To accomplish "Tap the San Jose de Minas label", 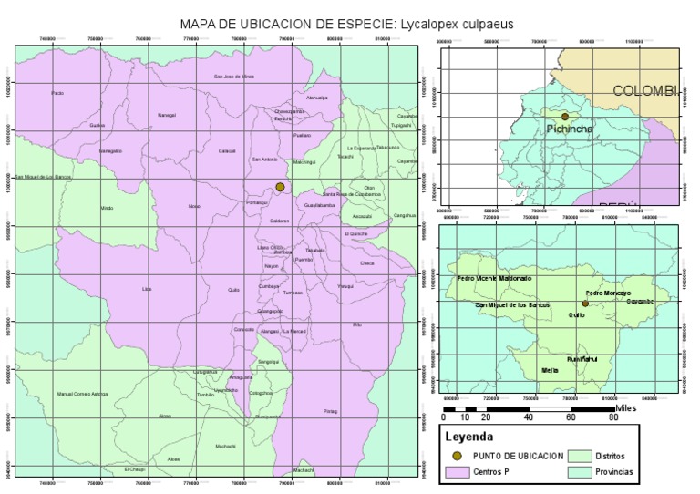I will coord(233,77).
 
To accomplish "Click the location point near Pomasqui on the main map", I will coord(280,187).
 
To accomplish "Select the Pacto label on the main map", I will coord(57,93).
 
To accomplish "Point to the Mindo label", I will coord(107,208).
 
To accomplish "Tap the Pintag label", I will coord(330,411).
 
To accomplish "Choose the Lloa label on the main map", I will coord(146,288).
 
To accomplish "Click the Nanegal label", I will coord(167,116).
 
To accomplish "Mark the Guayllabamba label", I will coord(320,206).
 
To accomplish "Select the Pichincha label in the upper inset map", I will coord(570,129).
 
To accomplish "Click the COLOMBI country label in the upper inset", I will coord(645,91).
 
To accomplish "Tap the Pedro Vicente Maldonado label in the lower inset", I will coord(492,277).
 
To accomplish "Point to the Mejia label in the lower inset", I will coord(550,370).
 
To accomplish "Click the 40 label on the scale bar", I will coord(529,417).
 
